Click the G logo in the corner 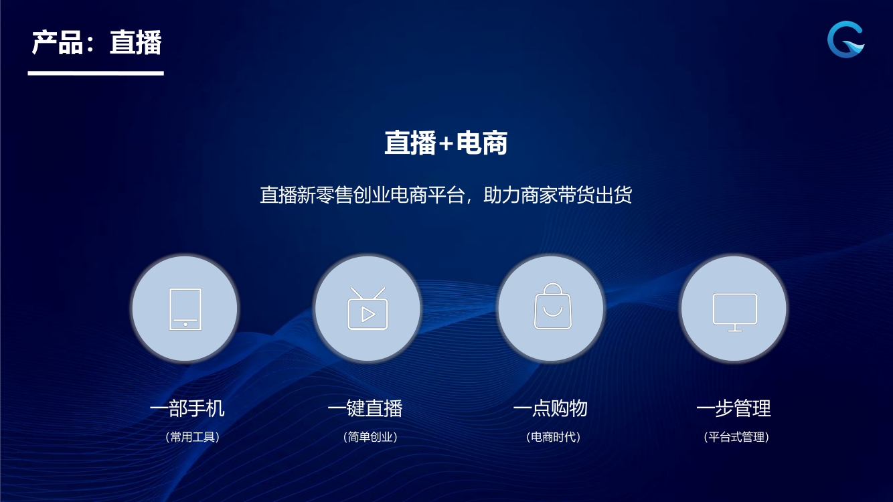(x=845, y=39)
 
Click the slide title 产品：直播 (x=96, y=42)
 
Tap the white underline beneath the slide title (x=96, y=74)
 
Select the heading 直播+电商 (x=446, y=143)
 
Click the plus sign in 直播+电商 (x=446, y=143)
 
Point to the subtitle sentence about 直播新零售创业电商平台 (x=446, y=195)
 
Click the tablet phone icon (x=185, y=309)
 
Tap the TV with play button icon (x=368, y=309)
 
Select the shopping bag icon (x=552, y=307)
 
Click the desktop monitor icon (x=735, y=313)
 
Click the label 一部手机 (x=187, y=408)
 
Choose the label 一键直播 (x=366, y=408)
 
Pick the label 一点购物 (x=550, y=408)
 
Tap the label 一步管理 (x=734, y=408)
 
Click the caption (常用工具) (x=193, y=437)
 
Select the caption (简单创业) (x=370, y=437)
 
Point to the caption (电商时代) (x=554, y=437)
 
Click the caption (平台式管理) (x=736, y=437)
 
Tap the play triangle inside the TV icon (x=368, y=315)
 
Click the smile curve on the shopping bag (x=552, y=312)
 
